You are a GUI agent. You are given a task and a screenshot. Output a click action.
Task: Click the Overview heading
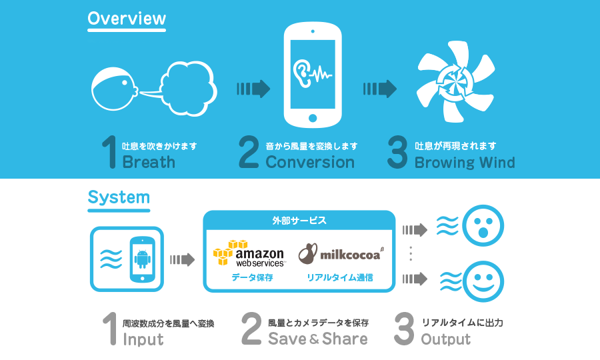(126, 19)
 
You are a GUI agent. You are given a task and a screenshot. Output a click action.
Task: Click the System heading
(119, 197)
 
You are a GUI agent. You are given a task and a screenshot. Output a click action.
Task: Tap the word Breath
(149, 162)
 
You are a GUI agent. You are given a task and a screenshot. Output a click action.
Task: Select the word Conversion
(310, 162)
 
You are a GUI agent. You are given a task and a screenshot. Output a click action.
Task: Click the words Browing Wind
(465, 162)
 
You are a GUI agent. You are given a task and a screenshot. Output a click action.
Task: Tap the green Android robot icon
(141, 256)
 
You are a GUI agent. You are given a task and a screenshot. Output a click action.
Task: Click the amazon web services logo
(249, 253)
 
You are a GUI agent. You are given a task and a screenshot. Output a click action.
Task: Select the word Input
(143, 339)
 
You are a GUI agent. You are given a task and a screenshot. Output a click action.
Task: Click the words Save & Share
(317, 339)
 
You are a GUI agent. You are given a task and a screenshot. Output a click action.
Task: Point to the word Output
(445, 339)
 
